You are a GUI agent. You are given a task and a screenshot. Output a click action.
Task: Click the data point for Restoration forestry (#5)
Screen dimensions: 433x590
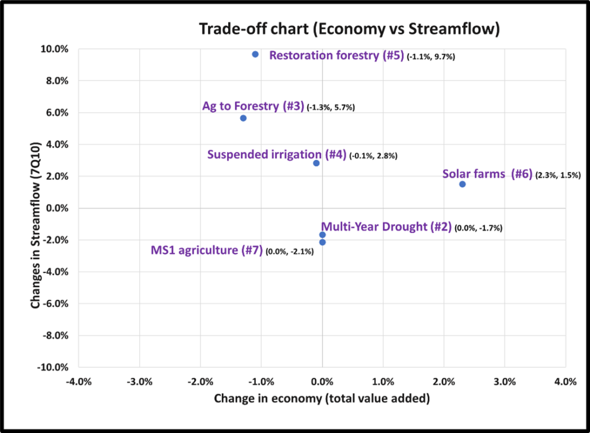255,54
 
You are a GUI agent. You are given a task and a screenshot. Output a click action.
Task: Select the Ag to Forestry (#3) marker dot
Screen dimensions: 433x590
243,118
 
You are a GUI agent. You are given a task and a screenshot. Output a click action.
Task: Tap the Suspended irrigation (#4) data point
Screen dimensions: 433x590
316,163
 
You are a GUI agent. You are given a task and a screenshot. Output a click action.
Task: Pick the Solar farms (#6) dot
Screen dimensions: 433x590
462,184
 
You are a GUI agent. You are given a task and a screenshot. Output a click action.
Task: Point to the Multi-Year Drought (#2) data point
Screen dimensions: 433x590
322,235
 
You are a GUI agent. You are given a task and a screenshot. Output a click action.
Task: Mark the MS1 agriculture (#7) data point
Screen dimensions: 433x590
322,242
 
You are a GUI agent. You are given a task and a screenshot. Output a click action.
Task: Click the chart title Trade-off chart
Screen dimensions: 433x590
349,29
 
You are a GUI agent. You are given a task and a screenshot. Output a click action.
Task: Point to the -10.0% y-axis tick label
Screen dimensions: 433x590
55,367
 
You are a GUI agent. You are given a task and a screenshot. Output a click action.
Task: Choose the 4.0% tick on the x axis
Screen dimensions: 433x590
565,381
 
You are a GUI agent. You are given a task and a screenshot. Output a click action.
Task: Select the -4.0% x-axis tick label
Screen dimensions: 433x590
78,381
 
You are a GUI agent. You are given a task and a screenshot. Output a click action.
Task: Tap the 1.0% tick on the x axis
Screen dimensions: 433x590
383,381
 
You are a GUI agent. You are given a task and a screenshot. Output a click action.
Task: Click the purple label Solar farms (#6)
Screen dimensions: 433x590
487,174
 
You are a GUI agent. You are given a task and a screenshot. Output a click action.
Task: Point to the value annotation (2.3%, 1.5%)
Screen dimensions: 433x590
558,176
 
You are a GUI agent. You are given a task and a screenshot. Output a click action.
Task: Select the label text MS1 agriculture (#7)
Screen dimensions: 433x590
207,250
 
